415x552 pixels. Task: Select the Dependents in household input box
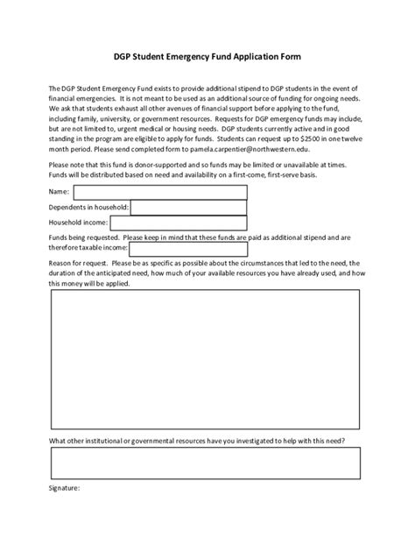[x=188, y=207]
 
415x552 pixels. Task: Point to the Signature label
[x=65, y=487]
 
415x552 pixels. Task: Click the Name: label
[x=59, y=191]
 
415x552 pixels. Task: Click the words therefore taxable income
[x=88, y=248]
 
